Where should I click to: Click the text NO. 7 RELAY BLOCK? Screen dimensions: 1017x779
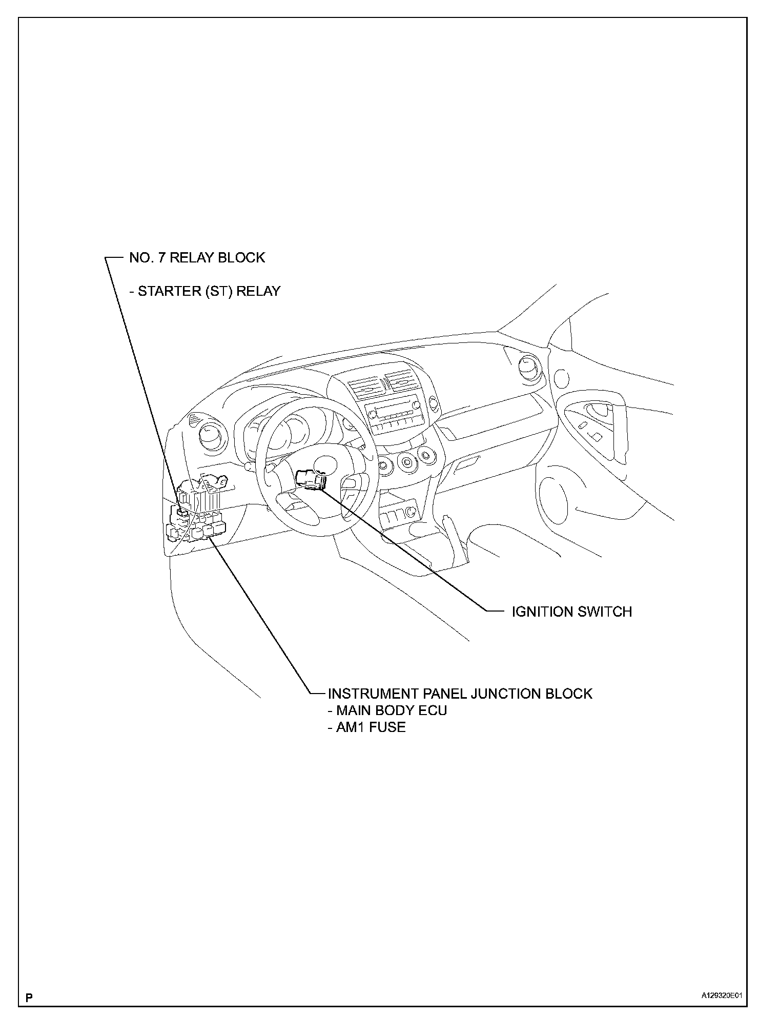click(197, 257)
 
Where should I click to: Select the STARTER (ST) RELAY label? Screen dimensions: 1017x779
click(205, 291)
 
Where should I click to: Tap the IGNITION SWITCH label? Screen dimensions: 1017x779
click(571, 612)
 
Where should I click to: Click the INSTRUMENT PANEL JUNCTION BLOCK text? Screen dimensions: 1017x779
click(460, 694)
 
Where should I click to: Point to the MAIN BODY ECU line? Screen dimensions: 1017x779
click(387, 710)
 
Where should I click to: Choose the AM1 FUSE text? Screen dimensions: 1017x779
click(367, 727)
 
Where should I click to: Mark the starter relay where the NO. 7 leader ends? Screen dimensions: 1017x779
click(181, 511)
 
